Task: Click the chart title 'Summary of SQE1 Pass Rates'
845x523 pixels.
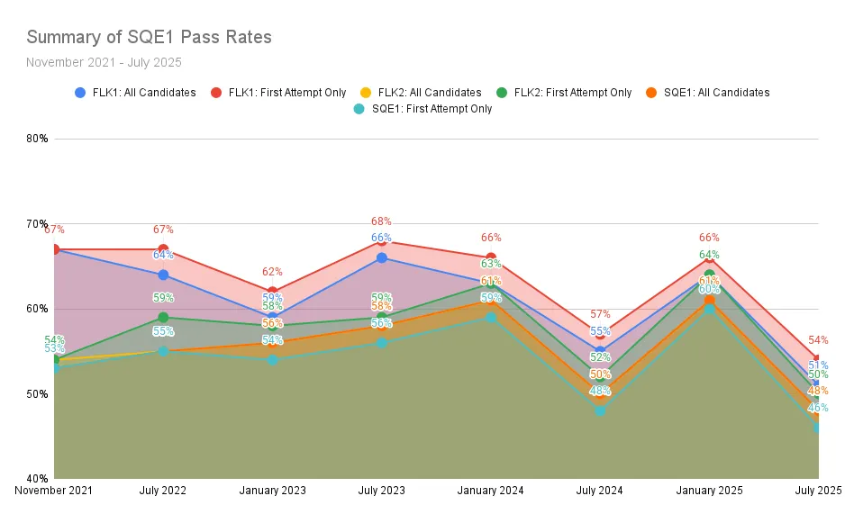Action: [x=149, y=37]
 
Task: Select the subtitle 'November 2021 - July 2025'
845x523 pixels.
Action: [x=104, y=62]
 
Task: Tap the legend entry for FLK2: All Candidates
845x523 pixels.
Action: [x=429, y=93]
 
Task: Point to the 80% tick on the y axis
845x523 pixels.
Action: [x=37, y=139]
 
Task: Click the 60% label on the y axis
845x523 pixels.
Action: [x=37, y=309]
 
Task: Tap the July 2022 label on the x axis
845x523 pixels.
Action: [x=163, y=491]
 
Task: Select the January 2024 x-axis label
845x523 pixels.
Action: [x=491, y=491]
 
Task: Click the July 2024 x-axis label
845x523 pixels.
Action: [x=600, y=491]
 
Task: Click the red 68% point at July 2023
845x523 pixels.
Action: [x=382, y=241]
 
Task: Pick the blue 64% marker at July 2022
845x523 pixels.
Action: [x=163, y=275]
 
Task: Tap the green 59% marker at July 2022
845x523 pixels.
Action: [x=163, y=317]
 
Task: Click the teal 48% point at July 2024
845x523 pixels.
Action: [x=600, y=410]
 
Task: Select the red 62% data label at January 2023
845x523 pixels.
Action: [x=272, y=271]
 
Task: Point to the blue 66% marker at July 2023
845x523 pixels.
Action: [x=382, y=257]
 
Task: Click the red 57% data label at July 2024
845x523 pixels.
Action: [x=600, y=314]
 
